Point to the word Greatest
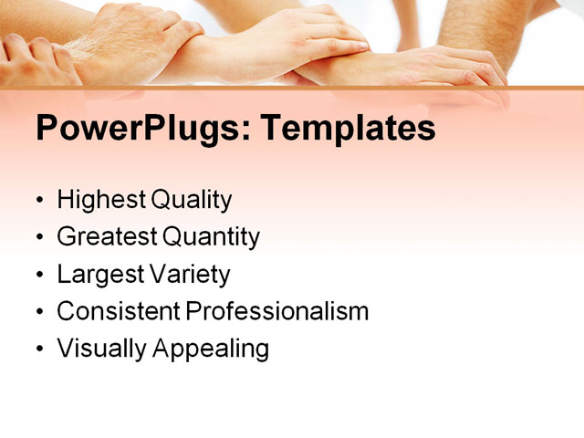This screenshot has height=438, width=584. (107, 237)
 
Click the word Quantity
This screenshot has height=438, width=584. (211, 237)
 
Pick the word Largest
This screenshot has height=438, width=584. (98, 274)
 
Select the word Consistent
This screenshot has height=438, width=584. (118, 311)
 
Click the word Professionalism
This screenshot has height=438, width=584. (277, 311)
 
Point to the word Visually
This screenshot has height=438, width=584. (99, 349)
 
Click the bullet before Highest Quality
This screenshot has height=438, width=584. (39, 201)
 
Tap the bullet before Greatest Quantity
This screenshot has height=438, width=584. (39, 238)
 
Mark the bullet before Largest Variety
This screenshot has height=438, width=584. (39, 275)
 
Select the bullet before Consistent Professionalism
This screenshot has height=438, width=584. (39, 312)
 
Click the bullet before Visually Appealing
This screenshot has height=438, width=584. (39, 349)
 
